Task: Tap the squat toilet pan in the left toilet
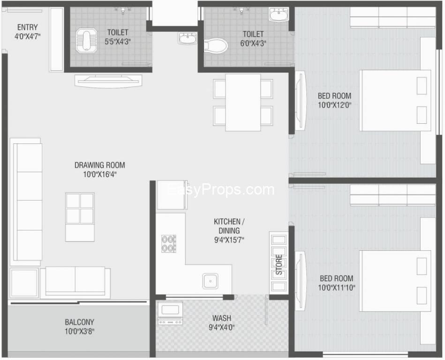point(86,40)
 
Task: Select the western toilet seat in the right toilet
point(216,45)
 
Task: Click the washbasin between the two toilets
point(187,38)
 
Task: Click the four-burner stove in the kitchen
point(169,243)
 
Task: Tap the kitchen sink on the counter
point(210,281)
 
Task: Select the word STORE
point(279,265)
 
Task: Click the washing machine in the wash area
point(170,313)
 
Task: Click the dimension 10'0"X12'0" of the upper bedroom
point(335,105)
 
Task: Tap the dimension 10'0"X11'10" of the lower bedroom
point(337,288)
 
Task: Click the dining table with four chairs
point(243,102)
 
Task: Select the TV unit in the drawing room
point(108,81)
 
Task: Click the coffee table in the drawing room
point(80,217)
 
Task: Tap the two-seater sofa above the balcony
point(75,283)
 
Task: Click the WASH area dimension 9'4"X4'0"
point(222,327)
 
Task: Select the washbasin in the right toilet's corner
point(279,14)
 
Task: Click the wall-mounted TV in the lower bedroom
point(300,280)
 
